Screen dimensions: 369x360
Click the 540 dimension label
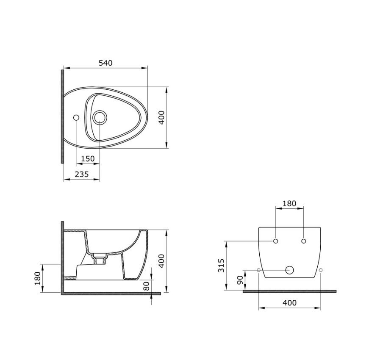coord(105,63)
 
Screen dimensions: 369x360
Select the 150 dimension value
coord(88,158)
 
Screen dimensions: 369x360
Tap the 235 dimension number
coord(82,174)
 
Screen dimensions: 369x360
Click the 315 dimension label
coord(221,265)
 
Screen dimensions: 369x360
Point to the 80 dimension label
coord(147,286)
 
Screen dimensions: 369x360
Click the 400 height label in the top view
coord(161,118)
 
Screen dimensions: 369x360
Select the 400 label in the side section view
coord(161,261)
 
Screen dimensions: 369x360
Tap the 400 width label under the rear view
coord(289,302)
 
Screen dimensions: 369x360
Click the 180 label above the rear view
coord(289,203)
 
